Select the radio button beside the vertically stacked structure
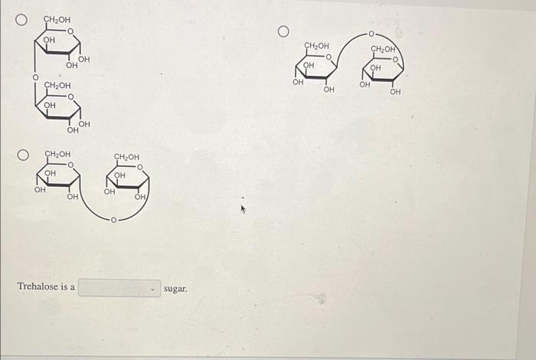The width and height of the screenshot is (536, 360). point(25,18)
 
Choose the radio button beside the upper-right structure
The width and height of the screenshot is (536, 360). point(283,31)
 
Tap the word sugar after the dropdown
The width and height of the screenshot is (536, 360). point(175,289)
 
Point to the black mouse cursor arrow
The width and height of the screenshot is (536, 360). point(244,207)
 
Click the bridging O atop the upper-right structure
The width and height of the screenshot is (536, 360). point(371,34)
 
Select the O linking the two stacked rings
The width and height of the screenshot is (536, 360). point(34,77)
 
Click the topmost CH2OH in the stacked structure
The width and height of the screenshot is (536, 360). point(57,18)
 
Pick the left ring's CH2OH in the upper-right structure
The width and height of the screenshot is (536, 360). point(317,45)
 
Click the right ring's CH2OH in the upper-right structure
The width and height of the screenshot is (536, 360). point(383,49)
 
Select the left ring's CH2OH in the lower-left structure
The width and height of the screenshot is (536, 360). point(57,154)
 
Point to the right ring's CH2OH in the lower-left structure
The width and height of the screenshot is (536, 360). point(126,157)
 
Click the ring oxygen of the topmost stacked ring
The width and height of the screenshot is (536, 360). point(70,31)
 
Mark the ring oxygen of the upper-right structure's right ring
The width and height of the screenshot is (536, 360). point(395,60)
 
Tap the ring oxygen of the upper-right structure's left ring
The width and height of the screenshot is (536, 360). point(329,57)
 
